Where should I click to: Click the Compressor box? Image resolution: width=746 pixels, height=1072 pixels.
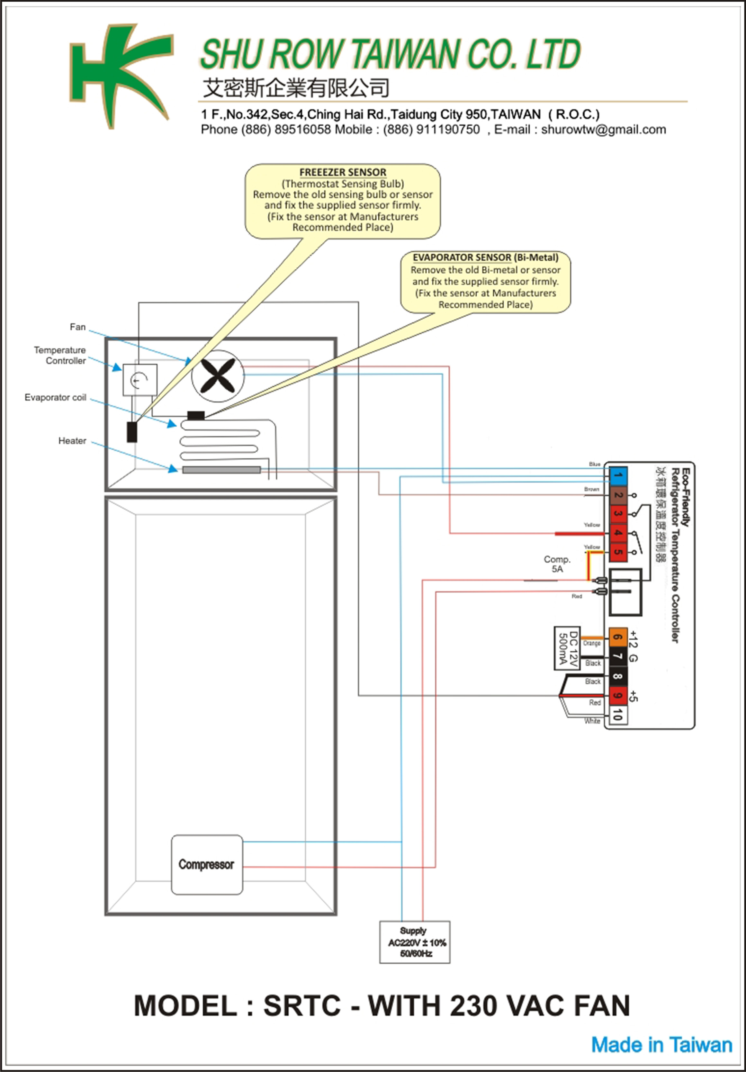tap(207, 865)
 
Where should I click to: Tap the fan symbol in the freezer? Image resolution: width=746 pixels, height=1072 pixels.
tap(218, 376)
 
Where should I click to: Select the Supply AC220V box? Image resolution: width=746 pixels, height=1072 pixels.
tap(415, 942)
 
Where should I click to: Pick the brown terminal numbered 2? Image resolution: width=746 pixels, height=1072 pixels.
tap(618, 495)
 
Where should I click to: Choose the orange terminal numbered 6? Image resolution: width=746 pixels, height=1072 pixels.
tap(618, 637)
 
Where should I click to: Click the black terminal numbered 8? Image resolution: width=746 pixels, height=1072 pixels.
tap(618, 676)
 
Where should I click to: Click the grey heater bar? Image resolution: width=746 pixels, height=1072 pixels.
tap(221, 470)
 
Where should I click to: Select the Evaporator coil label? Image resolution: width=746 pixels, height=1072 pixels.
tap(56, 397)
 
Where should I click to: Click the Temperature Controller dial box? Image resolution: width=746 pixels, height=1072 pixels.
tap(139, 380)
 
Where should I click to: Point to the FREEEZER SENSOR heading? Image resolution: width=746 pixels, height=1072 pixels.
tap(343, 172)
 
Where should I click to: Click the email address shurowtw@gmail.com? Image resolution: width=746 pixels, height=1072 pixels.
tap(603, 130)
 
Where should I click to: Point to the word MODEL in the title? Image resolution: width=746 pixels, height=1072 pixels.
tap(185, 1006)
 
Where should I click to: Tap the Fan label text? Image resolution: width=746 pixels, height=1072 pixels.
tap(77, 327)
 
